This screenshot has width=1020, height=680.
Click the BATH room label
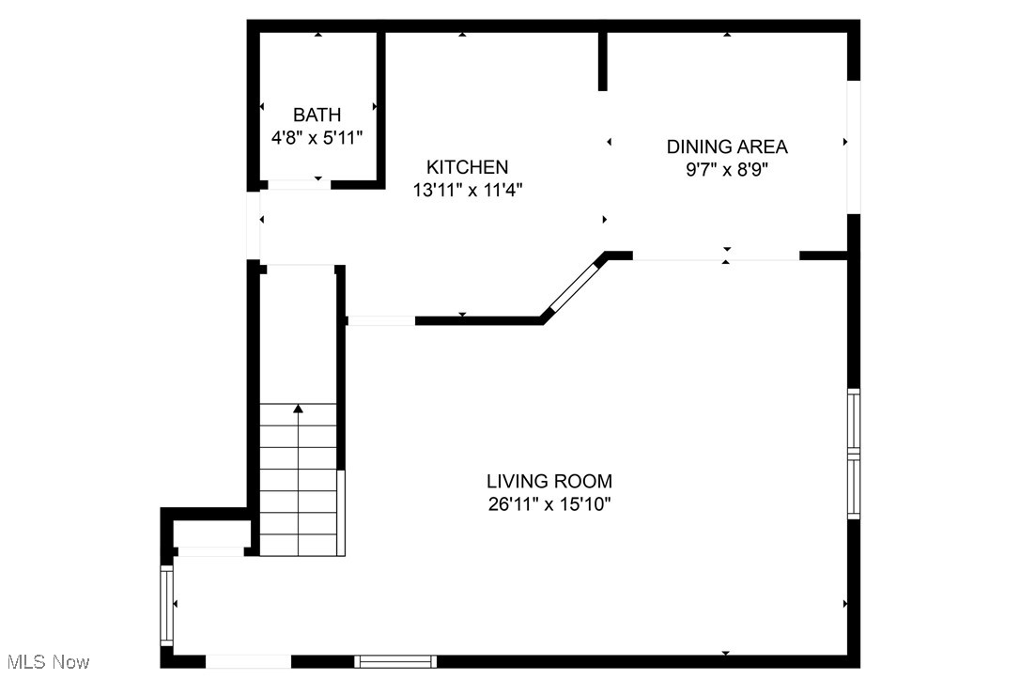[x=317, y=116]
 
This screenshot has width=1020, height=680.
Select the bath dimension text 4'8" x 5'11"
[x=317, y=137]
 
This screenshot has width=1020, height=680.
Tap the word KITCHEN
[x=467, y=167]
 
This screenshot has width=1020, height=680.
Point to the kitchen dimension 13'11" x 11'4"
[x=467, y=190]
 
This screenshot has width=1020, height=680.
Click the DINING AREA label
[x=727, y=147]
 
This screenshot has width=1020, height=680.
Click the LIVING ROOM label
[x=549, y=482]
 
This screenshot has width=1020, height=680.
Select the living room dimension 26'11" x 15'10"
[x=549, y=504]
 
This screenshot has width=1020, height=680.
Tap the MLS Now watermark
[x=45, y=662]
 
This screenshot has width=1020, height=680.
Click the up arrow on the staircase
[x=298, y=409]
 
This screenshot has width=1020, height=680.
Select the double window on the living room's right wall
[x=853, y=454]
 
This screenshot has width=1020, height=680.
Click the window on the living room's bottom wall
[x=394, y=661]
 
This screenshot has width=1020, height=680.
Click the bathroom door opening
[x=294, y=184]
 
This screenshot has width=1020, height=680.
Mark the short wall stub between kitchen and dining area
[x=602, y=62]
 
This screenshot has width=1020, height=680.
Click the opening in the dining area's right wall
[x=853, y=147]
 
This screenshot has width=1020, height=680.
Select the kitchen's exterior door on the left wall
[x=252, y=225]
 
